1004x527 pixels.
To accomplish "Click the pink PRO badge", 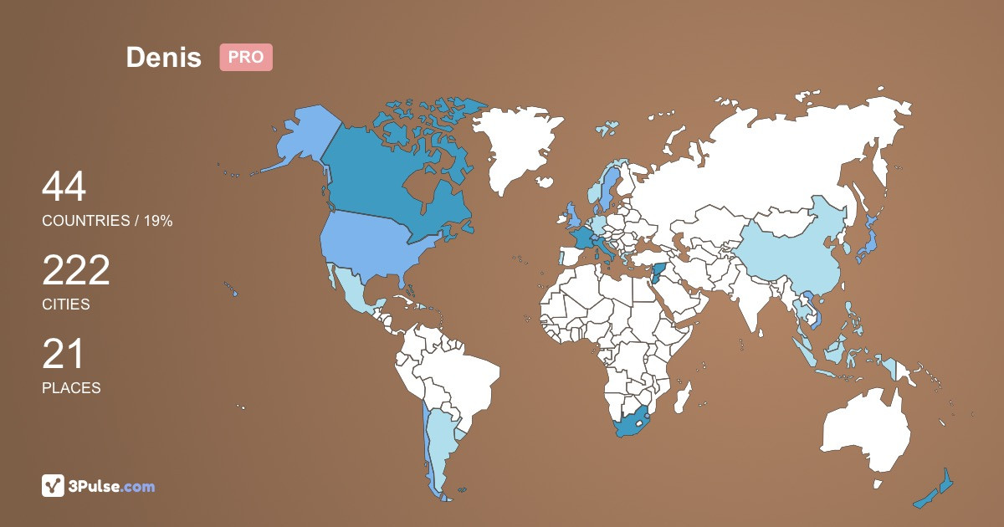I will pyautogui.click(x=246, y=57).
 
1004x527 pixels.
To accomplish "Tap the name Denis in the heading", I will pyautogui.click(x=164, y=57).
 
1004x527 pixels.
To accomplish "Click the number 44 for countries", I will pyautogui.click(x=64, y=187).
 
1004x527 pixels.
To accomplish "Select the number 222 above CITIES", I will pyautogui.click(x=76, y=271).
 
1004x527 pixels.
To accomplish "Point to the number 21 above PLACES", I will pyautogui.click(x=63, y=355).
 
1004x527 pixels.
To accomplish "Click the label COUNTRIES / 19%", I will pyautogui.click(x=107, y=221).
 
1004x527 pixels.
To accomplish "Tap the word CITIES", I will pyautogui.click(x=66, y=304).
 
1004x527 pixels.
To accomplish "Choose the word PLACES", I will pyautogui.click(x=71, y=388).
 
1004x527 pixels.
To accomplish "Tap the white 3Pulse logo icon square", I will pyautogui.click(x=54, y=485).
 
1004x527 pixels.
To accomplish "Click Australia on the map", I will pyautogui.click(x=866, y=431).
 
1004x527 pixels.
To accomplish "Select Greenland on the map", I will pyautogui.click(x=519, y=142).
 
